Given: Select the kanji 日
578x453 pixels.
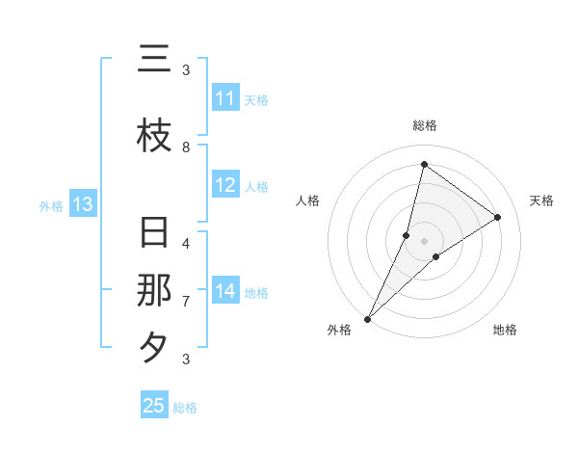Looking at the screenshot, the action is point(154,234).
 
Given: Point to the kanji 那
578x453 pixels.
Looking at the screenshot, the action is point(154,290).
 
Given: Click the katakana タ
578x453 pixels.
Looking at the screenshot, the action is point(154,347).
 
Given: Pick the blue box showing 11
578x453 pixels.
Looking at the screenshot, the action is point(225,98).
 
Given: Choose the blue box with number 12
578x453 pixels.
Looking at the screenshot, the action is point(225,185).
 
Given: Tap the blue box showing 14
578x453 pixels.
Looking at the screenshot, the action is point(225,291).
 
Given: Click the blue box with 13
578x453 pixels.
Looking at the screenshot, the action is point(82,204).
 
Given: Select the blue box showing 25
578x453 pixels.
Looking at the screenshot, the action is point(154,406).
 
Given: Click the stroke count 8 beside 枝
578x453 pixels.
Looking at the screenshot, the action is point(186,147).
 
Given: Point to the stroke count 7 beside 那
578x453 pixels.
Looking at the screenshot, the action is point(186,302).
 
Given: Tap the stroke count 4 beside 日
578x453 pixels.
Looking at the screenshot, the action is point(186,243).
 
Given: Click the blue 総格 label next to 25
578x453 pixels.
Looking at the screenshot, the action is point(185,408).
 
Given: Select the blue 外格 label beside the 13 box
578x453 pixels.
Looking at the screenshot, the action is point(51,205).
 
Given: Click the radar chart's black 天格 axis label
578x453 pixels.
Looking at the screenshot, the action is point(541,200).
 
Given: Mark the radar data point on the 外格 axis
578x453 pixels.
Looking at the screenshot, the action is point(367,318).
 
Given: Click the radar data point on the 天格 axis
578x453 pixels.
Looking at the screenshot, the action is point(498,217).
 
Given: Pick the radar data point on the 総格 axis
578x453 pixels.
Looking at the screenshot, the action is point(424,164).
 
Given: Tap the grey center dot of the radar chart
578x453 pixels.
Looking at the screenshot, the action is point(424,240).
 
